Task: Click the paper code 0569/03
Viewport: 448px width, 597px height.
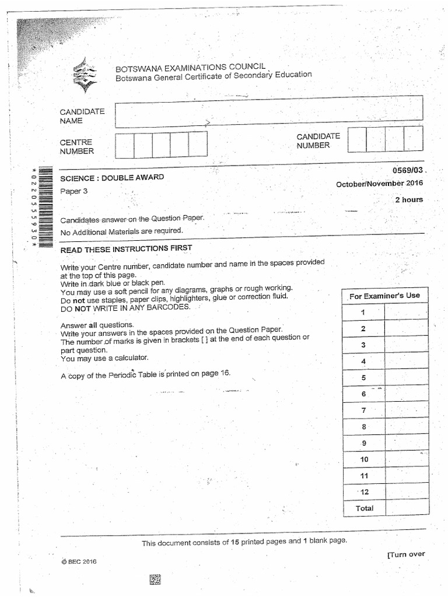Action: pyautogui.click(x=409, y=170)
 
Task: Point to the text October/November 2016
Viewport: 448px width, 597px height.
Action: pyautogui.click(x=380, y=184)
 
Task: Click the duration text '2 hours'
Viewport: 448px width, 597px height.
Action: pyautogui.click(x=408, y=199)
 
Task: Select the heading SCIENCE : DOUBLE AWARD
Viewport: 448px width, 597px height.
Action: pyautogui.click(x=113, y=177)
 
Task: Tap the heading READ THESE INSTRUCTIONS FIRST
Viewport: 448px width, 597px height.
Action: pyautogui.click(x=126, y=249)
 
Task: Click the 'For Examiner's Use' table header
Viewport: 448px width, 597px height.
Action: pyautogui.click(x=384, y=296)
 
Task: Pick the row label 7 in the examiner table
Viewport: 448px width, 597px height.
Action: pyautogui.click(x=363, y=410)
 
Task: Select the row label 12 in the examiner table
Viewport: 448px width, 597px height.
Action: pyautogui.click(x=364, y=491)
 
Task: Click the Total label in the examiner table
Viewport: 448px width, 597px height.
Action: pyautogui.click(x=365, y=508)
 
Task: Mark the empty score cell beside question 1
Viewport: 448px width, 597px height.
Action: pyautogui.click(x=406, y=312)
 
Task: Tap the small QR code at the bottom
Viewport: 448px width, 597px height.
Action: pyautogui.click(x=155, y=579)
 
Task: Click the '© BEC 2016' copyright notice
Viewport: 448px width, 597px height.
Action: pyautogui.click(x=79, y=561)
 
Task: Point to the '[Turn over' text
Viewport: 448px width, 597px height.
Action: pyautogui.click(x=406, y=554)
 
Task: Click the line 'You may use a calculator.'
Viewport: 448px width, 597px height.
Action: pyautogui.click(x=104, y=358)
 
